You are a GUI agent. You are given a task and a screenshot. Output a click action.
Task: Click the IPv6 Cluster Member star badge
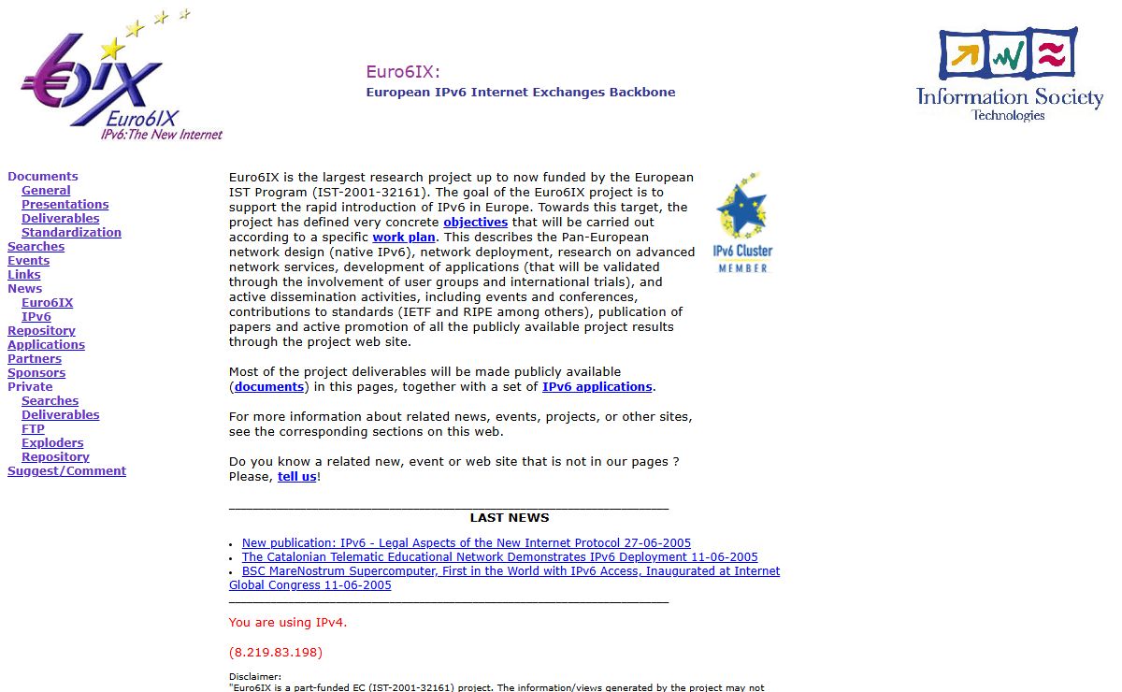742,223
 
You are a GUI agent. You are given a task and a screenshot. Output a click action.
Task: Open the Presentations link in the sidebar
65,205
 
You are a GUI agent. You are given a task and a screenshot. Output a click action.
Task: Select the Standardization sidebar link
71,233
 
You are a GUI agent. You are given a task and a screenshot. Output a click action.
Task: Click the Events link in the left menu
28,261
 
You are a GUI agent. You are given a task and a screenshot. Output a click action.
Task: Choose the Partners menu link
35,359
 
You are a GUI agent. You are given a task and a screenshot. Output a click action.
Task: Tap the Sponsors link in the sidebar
36,373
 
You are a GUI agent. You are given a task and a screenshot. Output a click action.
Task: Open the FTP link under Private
33,429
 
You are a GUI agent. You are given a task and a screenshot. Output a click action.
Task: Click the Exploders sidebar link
52,443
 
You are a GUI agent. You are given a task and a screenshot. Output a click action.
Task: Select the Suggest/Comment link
66,471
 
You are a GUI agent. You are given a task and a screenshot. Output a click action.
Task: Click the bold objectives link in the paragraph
475,223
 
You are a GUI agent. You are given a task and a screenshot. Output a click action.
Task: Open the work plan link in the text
404,238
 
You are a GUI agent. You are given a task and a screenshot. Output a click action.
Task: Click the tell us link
296,477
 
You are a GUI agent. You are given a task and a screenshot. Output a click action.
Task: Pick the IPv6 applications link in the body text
597,387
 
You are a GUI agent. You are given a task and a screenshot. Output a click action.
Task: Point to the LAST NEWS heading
510,518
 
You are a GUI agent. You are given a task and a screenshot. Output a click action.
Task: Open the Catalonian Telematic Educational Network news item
499,557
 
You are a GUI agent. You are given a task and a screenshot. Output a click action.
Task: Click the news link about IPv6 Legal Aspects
466,543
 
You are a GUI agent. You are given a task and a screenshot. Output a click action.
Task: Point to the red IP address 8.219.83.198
276,653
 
